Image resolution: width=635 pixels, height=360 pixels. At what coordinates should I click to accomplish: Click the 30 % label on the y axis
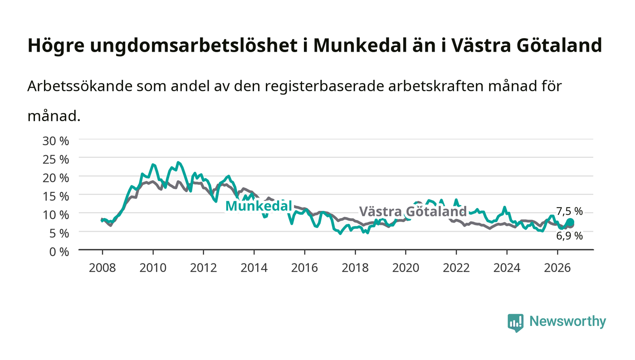click(55, 141)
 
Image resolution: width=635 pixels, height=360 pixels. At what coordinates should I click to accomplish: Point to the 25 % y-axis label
click(55, 160)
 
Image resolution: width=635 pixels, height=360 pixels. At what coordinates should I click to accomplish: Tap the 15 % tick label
click(55, 196)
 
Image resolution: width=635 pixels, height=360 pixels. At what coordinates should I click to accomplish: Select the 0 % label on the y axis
click(59, 252)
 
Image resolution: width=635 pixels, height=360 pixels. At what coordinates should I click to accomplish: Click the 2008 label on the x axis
click(103, 268)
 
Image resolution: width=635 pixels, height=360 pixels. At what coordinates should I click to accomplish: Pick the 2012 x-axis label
click(203, 268)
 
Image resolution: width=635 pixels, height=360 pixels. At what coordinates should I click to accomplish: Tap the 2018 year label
click(355, 268)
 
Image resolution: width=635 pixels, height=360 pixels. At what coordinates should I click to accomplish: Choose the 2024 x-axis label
click(507, 268)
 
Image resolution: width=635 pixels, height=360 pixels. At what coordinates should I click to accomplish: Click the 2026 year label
click(557, 268)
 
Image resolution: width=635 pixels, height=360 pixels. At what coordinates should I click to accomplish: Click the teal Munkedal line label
click(259, 206)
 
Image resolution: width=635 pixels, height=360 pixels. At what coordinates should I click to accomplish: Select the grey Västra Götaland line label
click(413, 211)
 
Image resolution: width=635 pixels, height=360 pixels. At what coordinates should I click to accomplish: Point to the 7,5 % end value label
click(569, 211)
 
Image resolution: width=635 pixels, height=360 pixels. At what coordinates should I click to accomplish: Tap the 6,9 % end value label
click(569, 236)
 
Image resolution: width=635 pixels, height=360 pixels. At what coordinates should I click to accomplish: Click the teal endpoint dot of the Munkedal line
click(571, 222)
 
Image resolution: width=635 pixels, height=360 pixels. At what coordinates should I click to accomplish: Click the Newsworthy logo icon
click(515, 322)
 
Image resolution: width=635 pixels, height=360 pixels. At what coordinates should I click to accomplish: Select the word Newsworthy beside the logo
click(567, 321)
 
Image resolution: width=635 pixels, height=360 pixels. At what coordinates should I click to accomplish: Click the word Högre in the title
click(56, 45)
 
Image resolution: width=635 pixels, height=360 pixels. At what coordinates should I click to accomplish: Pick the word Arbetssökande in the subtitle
click(80, 86)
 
